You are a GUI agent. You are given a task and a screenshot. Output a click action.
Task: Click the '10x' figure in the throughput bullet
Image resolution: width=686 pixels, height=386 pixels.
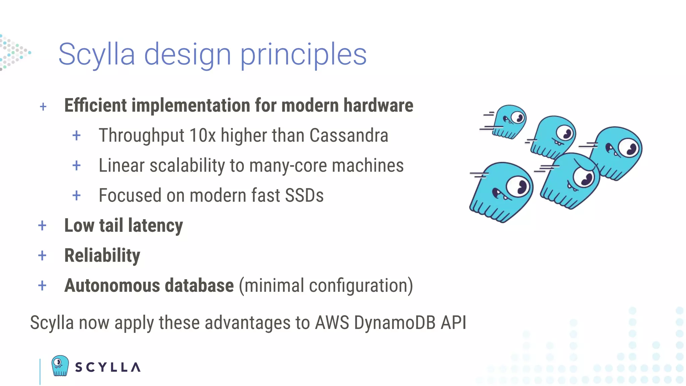[202, 135]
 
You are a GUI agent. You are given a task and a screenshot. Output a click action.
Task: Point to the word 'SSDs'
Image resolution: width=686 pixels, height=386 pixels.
[304, 195]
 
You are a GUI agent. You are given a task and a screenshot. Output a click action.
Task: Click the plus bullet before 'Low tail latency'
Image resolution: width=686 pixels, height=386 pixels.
[42, 226]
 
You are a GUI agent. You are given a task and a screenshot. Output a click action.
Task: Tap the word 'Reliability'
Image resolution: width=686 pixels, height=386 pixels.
[102, 255]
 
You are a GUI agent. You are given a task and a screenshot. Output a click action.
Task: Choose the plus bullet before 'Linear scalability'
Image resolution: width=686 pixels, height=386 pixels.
[76, 166]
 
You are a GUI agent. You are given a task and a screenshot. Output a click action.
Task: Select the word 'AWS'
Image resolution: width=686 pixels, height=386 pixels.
[332, 323]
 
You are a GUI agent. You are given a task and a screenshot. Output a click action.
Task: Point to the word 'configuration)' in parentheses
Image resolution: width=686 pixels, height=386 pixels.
[361, 285]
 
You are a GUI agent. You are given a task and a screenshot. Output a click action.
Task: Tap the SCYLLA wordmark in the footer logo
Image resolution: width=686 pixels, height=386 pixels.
[108, 367]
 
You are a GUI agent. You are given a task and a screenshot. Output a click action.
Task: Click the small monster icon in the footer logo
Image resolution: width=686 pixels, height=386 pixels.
[60, 366]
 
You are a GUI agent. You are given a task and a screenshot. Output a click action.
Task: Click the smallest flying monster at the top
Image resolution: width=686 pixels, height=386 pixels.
[509, 121]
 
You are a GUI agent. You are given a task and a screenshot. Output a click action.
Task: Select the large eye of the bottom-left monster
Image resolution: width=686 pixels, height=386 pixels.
[519, 187]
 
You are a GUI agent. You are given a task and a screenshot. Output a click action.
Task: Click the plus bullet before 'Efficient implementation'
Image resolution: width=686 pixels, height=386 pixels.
[43, 107]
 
